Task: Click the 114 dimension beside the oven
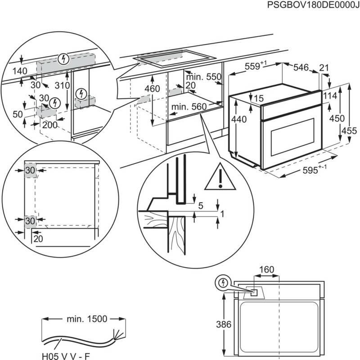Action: pos(330,95)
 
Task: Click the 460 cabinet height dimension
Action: pos(153,89)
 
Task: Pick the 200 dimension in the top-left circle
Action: pos(49,125)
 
